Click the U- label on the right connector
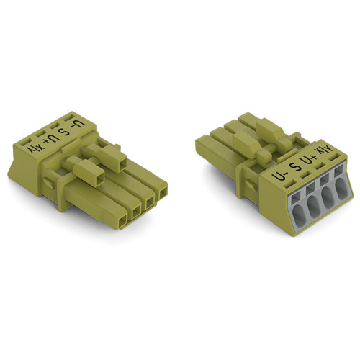tap(279, 177)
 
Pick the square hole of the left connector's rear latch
tap(122, 166)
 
